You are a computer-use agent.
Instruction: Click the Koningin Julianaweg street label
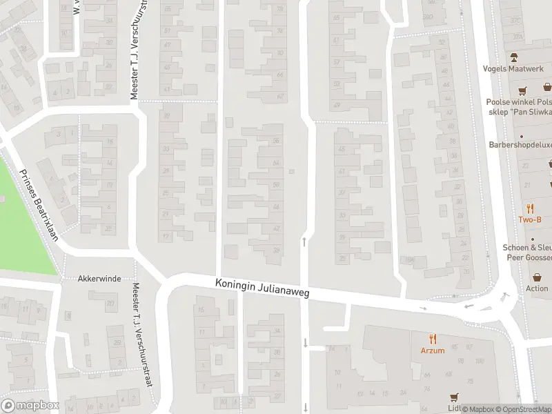pyautogui.click(x=262, y=288)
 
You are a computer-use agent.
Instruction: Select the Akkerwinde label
pyautogui.click(x=100, y=279)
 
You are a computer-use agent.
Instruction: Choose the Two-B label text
pyautogui.click(x=530, y=219)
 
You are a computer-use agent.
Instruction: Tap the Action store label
pyautogui.click(x=537, y=288)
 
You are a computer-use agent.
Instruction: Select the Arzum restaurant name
pyautogui.click(x=433, y=350)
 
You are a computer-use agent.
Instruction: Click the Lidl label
pyautogui.click(x=453, y=408)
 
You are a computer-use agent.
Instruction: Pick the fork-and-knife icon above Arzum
pyautogui.click(x=433, y=339)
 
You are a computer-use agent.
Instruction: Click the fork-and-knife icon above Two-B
pyautogui.click(x=530, y=208)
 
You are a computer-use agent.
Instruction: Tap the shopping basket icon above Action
pyautogui.click(x=537, y=277)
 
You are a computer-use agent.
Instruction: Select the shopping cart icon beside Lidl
pyautogui.click(x=454, y=397)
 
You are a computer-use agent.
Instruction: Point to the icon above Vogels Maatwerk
pyautogui.click(x=513, y=57)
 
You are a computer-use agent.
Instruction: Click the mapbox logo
pyautogui.click(x=30, y=406)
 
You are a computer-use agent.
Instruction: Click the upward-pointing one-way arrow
pyautogui.click(x=304, y=241)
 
